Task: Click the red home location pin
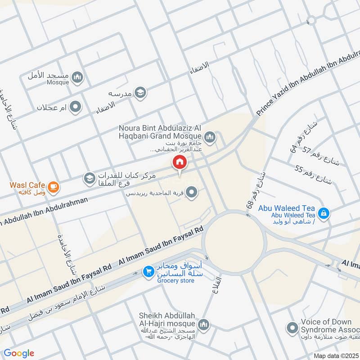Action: [180, 163]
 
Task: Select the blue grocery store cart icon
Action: [148, 272]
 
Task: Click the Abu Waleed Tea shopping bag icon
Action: [323, 212]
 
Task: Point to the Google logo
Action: [19, 353]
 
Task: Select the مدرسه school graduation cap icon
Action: [141, 93]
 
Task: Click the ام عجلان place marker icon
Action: [76, 107]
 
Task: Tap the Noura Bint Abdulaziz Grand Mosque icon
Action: [209, 136]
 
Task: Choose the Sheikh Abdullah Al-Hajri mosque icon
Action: [204, 325]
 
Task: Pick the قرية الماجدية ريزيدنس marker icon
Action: [193, 193]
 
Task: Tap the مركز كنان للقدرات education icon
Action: [89, 179]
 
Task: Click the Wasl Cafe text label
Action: [28, 185]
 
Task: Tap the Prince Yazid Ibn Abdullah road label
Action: [306, 85]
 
